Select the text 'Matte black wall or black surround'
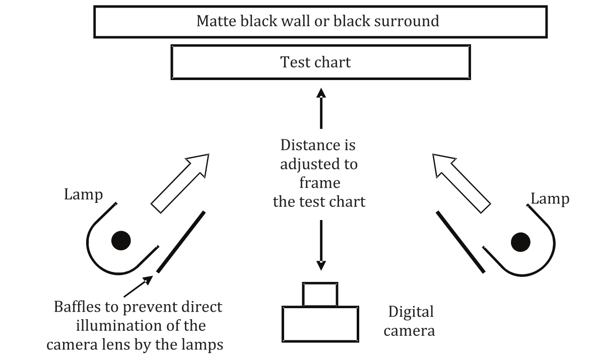click(x=317, y=21)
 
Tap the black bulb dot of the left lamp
click(x=120, y=240)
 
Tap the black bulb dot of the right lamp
click(x=520, y=242)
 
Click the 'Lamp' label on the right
click(x=550, y=198)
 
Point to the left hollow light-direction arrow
click(x=180, y=183)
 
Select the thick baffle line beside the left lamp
click(x=181, y=242)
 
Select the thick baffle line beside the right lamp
click(x=460, y=242)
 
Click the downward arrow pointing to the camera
click(x=321, y=247)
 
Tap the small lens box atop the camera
click(x=320, y=295)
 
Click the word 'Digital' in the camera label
click(x=411, y=312)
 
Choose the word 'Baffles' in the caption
click(x=78, y=307)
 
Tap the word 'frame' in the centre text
click(x=319, y=183)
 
